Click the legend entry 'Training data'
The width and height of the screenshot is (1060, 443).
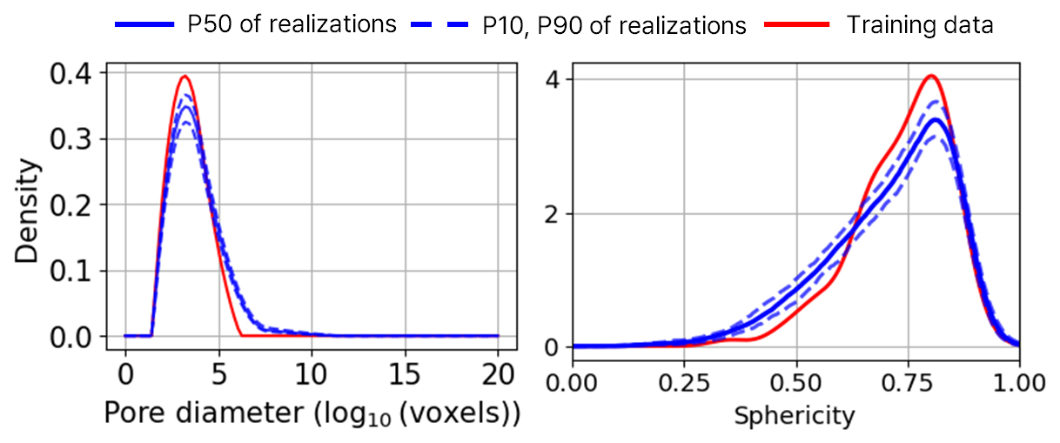(919, 24)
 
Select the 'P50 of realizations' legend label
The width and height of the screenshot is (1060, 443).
(292, 24)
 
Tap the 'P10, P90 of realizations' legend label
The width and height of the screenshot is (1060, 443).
(614, 24)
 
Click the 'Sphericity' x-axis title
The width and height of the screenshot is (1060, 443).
(795, 415)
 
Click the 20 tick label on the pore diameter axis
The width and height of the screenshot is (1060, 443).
(498, 376)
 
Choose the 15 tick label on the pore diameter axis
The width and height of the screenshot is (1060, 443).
(405, 376)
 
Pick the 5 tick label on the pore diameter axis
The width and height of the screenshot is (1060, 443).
(218, 376)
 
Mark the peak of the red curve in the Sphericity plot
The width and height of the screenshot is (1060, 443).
(931, 76)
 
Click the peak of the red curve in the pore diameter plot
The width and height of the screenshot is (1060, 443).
(184, 77)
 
